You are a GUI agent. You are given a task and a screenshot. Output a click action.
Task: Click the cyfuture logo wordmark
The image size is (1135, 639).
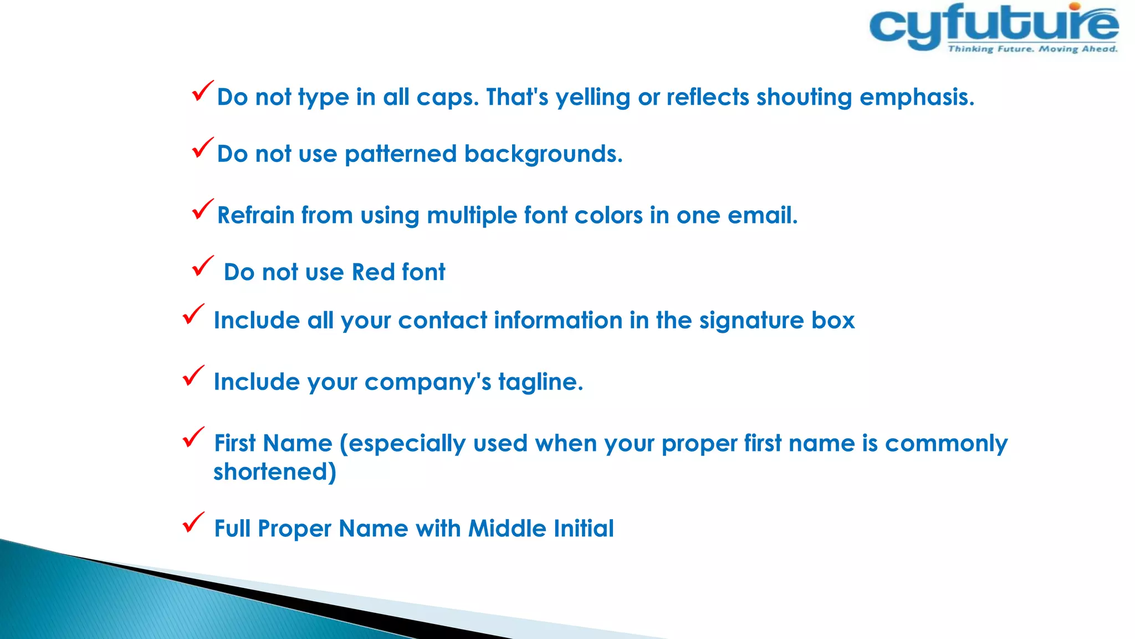(992, 25)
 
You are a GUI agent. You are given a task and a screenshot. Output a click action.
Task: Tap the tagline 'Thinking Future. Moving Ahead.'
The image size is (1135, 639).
(1032, 49)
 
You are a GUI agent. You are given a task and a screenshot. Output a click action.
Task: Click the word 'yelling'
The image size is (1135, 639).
(592, 98)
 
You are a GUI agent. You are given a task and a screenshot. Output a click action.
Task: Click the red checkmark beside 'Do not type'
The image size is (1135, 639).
(202, 91)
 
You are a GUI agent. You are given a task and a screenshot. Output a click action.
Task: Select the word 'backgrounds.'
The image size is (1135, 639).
(543, 154)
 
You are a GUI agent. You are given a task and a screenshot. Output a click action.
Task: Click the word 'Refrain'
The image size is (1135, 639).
(255, 215)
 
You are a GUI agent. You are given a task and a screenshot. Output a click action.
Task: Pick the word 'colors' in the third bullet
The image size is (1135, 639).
(609, 215)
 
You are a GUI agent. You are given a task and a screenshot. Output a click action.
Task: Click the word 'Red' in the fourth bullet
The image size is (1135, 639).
(373, 272)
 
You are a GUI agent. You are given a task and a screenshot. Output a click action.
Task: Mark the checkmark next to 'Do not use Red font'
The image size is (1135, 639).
(202, 266)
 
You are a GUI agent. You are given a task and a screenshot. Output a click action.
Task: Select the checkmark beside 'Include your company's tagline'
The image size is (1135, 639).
(193, 376)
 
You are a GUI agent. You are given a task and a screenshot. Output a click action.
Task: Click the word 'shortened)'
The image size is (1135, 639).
(275, 472)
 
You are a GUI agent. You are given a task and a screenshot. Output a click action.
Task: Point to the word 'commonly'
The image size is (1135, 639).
(946, 444)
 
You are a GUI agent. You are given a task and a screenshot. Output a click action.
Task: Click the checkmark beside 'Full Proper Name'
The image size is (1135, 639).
(193, 523)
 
